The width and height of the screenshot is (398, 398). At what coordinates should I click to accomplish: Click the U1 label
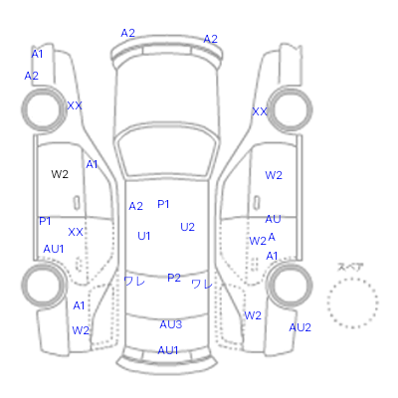144,236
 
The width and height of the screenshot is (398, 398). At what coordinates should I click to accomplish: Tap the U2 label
187,227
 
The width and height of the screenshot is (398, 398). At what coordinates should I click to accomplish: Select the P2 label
174,278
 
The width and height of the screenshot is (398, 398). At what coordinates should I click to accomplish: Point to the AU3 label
171,324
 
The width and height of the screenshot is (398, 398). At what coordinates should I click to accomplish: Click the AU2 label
299,327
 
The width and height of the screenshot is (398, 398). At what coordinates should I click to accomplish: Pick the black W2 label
60,174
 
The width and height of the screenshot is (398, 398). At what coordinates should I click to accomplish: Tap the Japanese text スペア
350,267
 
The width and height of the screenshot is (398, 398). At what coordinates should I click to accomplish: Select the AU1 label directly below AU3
168,350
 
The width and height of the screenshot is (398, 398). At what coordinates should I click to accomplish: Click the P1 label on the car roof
163,204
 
